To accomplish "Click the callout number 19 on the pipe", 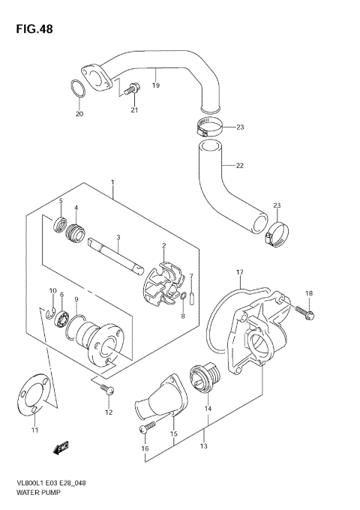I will (x=156, y=85).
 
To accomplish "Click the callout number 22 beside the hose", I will (x=240, y=166).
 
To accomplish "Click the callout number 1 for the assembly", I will (x=112, y=182).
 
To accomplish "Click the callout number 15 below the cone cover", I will (x=173, y=434).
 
